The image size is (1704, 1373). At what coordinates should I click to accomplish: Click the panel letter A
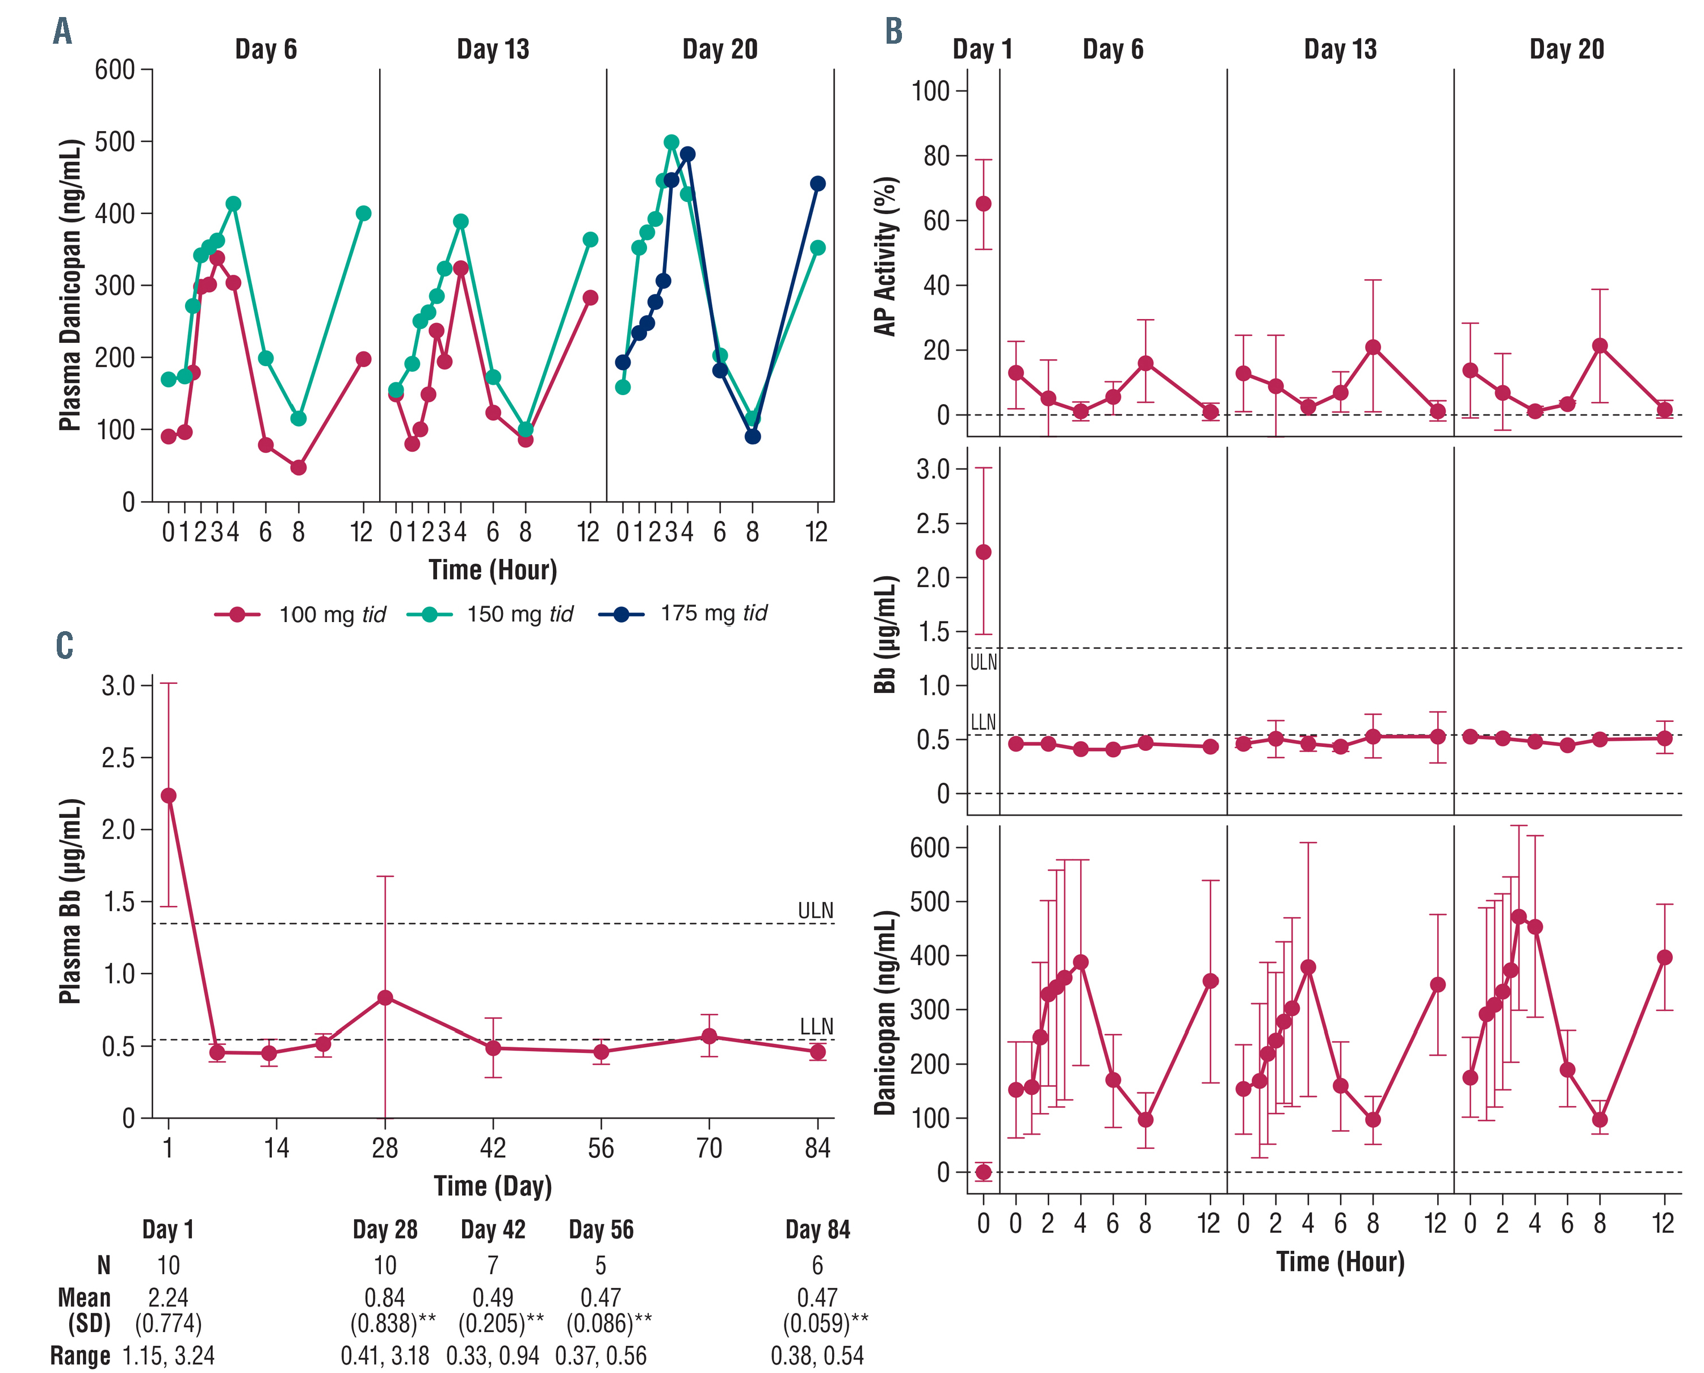pyautogui.click(x=62, y=32)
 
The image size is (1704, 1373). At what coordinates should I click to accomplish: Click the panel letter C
pyautogui.click(x=64, y=645)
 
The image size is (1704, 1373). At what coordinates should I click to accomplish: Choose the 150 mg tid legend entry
pyautogui.click(x=490, y=615)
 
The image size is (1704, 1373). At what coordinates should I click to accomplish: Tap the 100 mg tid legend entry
pyautogui.click(x=300, y=615)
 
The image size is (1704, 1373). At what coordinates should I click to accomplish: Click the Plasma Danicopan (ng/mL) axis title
pyautogui.click(x=70, y=285)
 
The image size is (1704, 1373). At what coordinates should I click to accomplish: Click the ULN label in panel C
pyautogui.click(x=815, y=910)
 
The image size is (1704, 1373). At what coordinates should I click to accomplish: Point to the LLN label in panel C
pyautogui.click(x=816, y=1027)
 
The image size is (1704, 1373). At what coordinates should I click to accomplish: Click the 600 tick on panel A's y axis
pyautogui.click(x=115, y=70)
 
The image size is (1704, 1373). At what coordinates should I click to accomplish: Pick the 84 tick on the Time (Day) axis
pyautogui.click(x=817, y=1148)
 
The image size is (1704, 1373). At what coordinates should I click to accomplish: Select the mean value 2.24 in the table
pyautogui.click(x=169, y=1297)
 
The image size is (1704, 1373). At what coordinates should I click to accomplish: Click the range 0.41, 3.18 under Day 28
pyautogui.click(x=385, y=1355)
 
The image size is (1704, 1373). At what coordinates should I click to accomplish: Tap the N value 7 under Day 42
pyautogui.click(x=493, y=1265)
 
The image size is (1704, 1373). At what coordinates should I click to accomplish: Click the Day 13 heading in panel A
pyautogui.click(x=493, y=49)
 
